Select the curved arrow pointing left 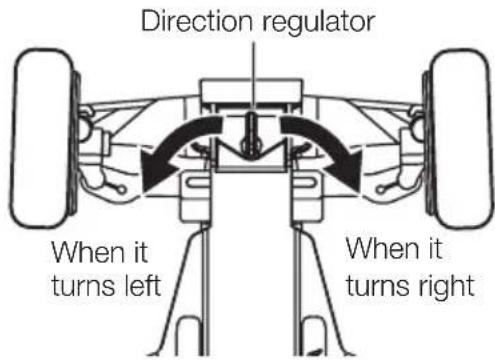coord(185,146)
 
